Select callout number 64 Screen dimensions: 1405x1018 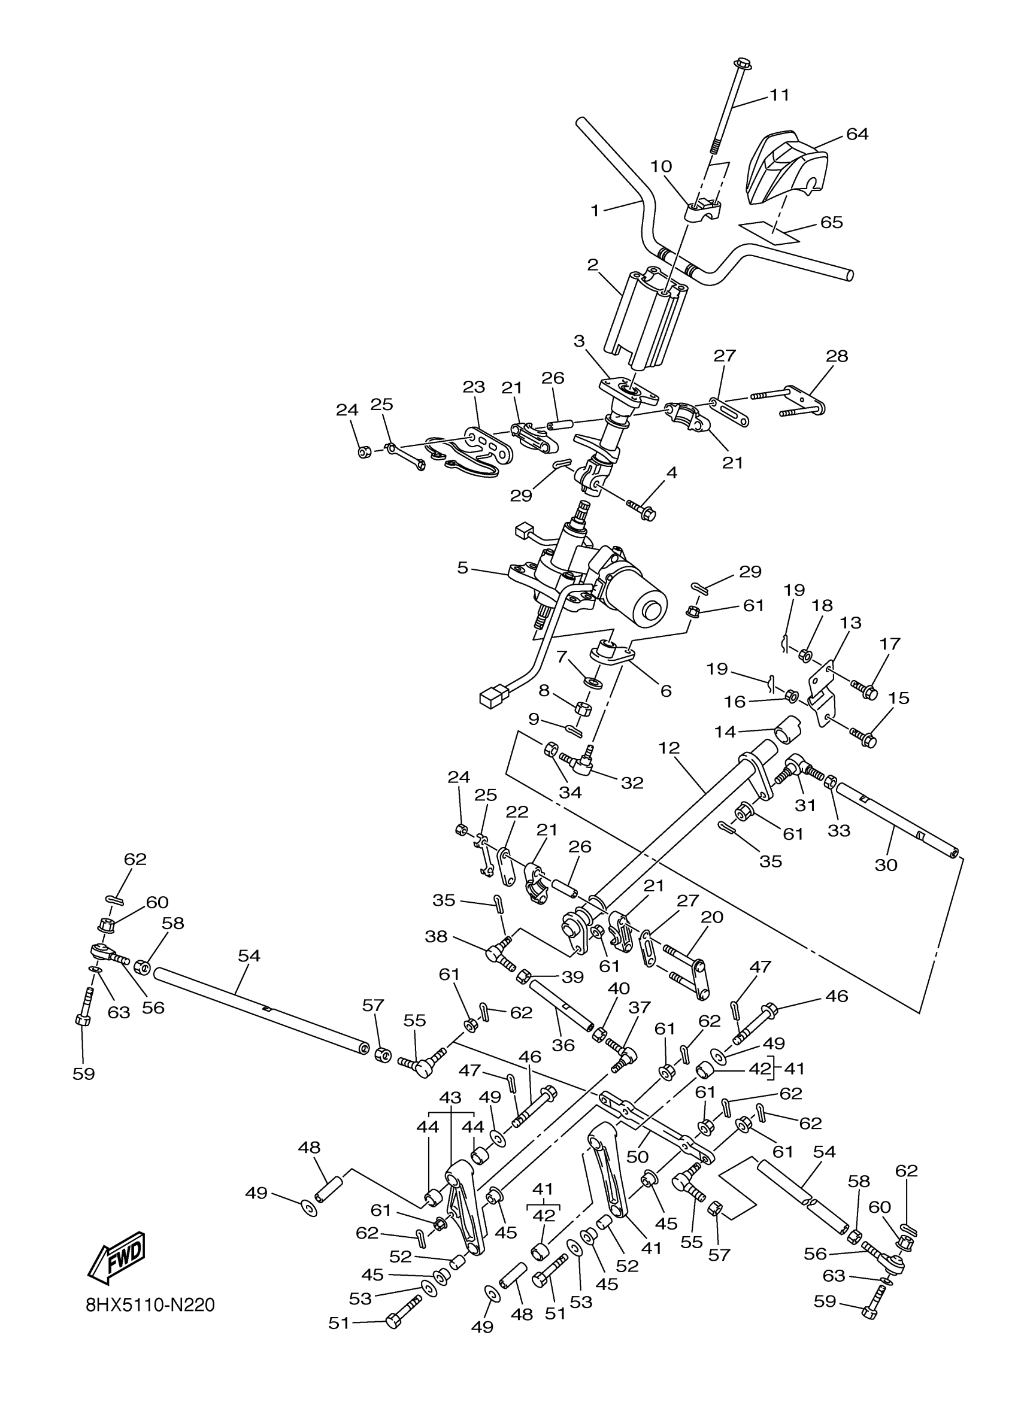[x=857, y=134]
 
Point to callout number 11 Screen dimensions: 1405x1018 [x=780, y=95]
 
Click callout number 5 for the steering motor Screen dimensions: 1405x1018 [x=463, y=568]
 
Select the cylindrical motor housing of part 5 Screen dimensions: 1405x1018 [x=638, y=594]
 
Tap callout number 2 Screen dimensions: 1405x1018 [x=593, y=265]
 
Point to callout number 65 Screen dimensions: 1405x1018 [x=832, y=221]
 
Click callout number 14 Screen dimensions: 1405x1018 [x=725, y=732]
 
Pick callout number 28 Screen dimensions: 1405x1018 [x=837, y=356]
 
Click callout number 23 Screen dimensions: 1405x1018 [x=474, y=387]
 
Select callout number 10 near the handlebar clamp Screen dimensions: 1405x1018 [x=661, y=166]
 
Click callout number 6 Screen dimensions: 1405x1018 [x=666, y=691]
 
